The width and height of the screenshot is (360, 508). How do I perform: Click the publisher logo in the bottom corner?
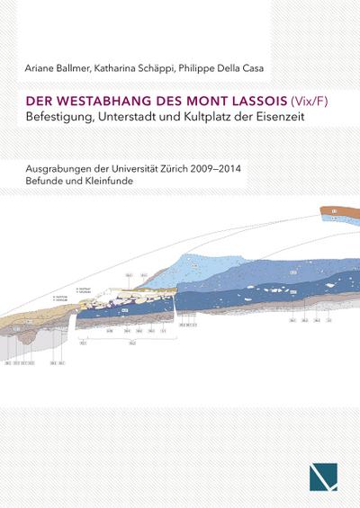[x=324, y=470]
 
